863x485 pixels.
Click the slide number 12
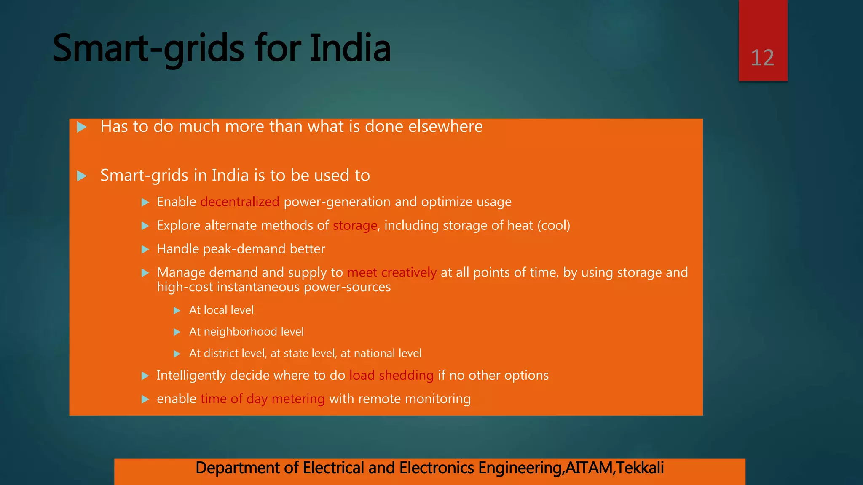(x=762, y=58)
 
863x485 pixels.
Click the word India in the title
(x=350, y=48)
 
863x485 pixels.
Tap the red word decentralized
(x=240, y=202)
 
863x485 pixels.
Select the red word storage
(x=355, y=226)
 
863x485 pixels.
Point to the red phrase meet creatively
(x=392, y=273)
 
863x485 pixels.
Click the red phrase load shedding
(x=391, y=376)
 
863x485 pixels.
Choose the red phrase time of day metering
(x=263, y=399)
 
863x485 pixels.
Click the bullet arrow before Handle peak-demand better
(x=145, y=250)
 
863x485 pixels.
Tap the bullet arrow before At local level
(x=177, y=311)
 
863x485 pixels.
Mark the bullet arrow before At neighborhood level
(x=177, y=332)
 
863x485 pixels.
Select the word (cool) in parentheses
(x=554, y=226)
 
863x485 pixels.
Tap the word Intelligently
(x=191, y=376)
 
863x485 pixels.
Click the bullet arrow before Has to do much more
(x=82, y=127)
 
